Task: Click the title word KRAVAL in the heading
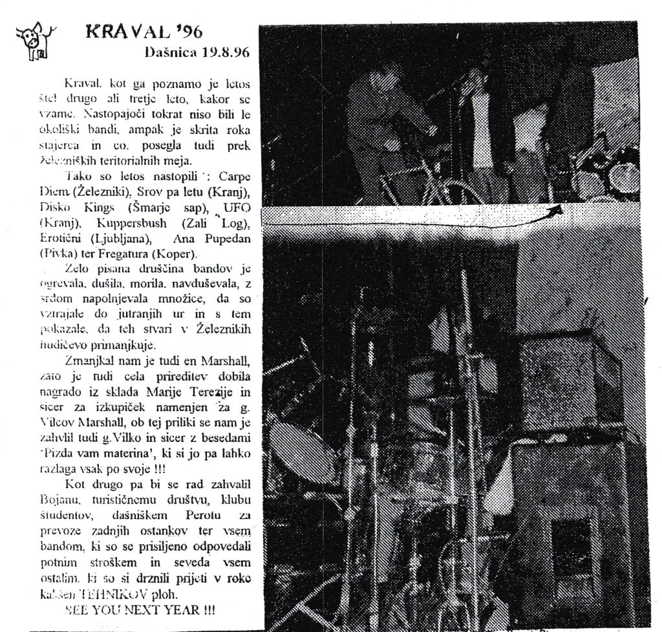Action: tap(124, 32)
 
